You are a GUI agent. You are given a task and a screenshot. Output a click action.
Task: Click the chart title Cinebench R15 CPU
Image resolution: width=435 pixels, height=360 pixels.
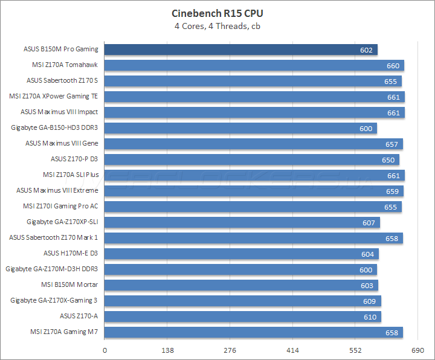[217, 13]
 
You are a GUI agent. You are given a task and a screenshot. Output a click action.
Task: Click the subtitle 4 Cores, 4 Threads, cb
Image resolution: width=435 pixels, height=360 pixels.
[217, 25]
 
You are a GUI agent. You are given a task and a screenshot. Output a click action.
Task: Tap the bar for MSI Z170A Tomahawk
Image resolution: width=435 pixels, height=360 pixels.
[254, 65]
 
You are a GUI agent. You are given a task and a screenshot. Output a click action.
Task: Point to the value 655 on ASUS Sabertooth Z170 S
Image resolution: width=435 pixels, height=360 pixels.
[390, 81]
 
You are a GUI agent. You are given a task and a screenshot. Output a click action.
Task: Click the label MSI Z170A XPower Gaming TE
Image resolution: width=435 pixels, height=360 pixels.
[54, 96]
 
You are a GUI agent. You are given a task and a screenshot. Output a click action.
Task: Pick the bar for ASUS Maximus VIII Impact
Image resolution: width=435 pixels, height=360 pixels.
[254, 112]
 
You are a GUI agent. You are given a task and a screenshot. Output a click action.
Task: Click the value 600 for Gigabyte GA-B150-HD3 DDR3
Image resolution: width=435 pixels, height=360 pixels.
[366, 128]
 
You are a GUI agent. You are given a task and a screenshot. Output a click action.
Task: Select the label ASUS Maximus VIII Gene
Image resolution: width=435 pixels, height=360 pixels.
[62, 143]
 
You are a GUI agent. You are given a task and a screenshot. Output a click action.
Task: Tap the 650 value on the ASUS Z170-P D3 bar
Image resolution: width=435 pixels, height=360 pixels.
[388, 159]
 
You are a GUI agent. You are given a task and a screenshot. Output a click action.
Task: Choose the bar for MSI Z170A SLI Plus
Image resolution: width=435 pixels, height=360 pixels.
[254, 175]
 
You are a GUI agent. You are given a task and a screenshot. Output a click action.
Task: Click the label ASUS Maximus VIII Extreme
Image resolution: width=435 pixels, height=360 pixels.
[57, 190]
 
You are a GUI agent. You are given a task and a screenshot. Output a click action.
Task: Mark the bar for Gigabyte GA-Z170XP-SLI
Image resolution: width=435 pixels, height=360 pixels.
[242, 222]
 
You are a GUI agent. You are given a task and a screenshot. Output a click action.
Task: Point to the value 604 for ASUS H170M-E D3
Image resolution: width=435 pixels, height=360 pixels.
[367, 254]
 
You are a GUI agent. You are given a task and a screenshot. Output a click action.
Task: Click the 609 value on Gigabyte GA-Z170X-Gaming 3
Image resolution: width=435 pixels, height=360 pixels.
[370, 301]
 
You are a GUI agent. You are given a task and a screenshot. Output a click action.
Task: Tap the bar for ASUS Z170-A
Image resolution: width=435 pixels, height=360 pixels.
[242, 317]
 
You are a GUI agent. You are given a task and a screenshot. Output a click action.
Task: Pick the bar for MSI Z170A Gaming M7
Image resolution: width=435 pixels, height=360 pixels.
[253, 332]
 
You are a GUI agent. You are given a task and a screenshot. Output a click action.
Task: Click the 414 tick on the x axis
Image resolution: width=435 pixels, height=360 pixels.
[292, 350]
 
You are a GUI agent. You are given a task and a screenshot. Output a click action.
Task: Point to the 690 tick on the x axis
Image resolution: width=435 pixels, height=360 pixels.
[417, 350]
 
